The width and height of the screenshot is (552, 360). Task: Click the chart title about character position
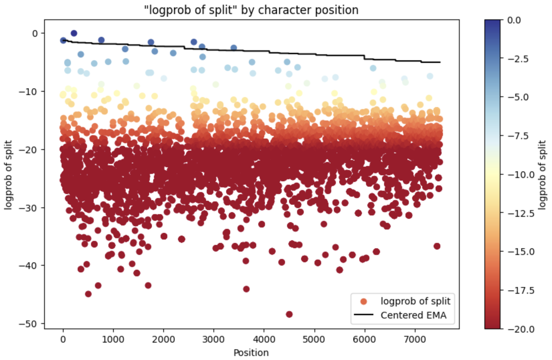point(251,10)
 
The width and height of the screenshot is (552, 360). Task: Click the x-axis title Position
point(251,353)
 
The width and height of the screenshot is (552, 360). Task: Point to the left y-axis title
point(8,175)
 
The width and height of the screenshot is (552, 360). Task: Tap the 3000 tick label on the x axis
point(213,339)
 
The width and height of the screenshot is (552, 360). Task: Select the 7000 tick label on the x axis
point(415,339)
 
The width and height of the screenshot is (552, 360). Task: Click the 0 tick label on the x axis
point(63,339)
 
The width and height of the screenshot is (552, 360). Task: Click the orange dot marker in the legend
point(364,301)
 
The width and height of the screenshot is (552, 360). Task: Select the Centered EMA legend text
point(413,315)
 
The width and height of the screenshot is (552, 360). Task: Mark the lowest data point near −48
point(289,314)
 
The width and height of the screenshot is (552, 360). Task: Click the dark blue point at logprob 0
point(74,33)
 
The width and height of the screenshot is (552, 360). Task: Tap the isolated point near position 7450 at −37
point(437,246)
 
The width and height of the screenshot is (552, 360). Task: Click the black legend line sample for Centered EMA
point(364,315)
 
